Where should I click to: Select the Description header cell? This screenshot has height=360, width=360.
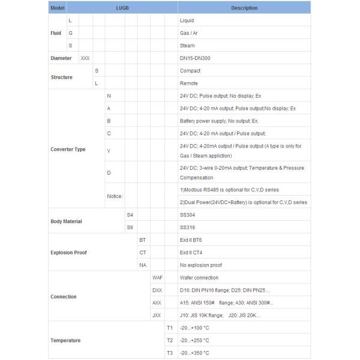244,8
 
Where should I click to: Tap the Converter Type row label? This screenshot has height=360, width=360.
68,149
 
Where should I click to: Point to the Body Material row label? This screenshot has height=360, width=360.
66,221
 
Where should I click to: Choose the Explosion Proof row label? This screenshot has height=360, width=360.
68,253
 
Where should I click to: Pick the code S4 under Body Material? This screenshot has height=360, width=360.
130,215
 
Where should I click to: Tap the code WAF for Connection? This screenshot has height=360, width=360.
157,278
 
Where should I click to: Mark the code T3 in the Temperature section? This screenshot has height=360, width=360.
169,353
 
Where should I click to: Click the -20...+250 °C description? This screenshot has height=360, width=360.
194,340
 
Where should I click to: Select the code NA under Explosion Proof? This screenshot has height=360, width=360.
142,265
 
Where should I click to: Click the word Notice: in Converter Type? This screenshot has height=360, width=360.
115,196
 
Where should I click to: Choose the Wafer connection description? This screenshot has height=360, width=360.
199,278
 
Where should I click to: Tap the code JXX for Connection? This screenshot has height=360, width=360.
157,315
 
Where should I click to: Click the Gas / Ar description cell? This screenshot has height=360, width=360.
189,33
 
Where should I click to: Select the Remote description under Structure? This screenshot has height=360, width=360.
189,83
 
